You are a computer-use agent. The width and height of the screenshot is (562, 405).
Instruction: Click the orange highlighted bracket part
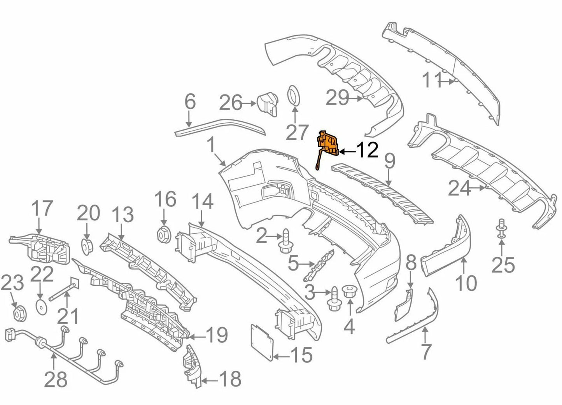point(328,144)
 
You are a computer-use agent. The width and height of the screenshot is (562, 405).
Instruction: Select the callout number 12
point(367,150)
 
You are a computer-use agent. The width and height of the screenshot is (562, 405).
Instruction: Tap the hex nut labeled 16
point(164,234)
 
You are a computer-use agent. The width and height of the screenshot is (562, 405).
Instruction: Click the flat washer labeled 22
point(40,305)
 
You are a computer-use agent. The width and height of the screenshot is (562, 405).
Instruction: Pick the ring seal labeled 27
point(294,96)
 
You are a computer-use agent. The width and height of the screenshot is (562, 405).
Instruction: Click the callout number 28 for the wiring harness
point(56,379)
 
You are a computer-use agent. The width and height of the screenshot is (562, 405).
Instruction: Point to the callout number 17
point(42,209)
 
